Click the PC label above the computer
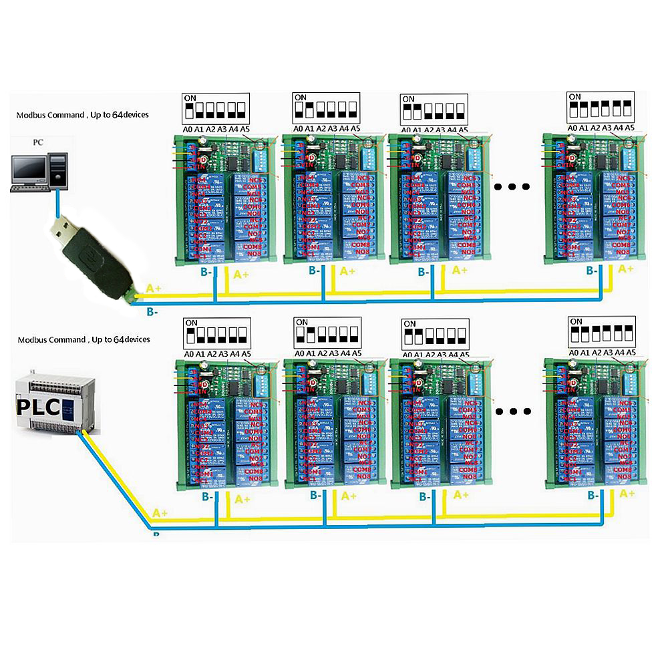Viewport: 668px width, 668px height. pyautogui.click(x=39, y=142)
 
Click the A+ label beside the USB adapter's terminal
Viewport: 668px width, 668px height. pyautogui.click(x=153, y=288)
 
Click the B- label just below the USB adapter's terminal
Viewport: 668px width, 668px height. pyautogui.click(x=152, y=311)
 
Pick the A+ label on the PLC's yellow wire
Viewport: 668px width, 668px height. pyautogui.click(x=160, y=513)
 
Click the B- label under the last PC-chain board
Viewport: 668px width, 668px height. pyautogui.click(x=592, y=271)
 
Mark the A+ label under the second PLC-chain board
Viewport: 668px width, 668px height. pyautogui.click(x=348, y=496)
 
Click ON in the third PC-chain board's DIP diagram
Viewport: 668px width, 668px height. pyautogui.click(x=408, y=99)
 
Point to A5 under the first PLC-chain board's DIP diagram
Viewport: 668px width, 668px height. pyautogui.click(x=246, y=353)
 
